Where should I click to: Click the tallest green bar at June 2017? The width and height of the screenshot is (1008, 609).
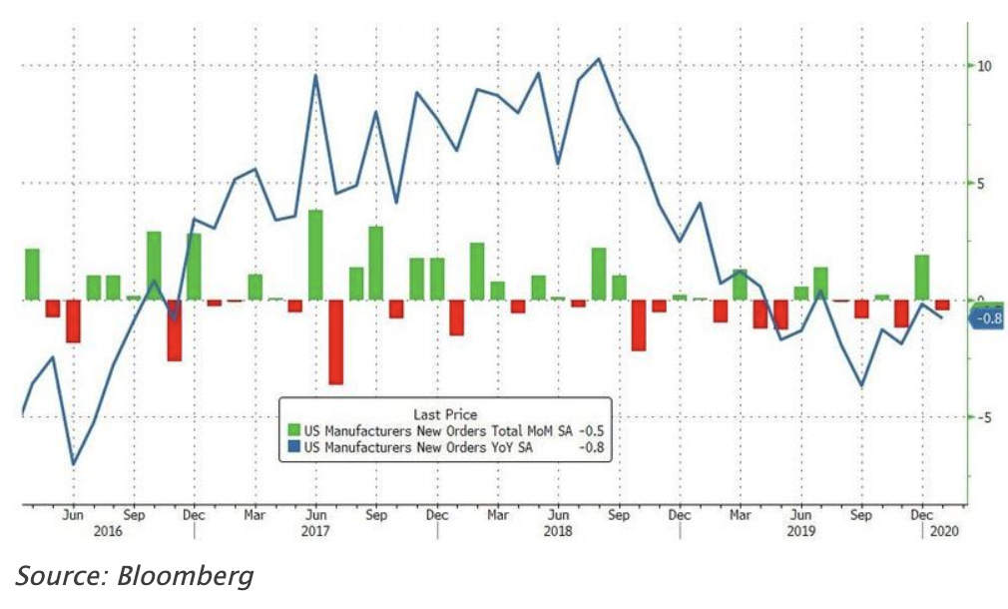pyautogui.click(x=315, y=255)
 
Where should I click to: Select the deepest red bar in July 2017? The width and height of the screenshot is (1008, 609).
pyautogui.click(x=335, y=341)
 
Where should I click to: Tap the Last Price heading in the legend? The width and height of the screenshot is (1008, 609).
pyautogui.click(x=444, y=413)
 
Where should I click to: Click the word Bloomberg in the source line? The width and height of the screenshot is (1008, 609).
pyautogui.click(x=190, y=576)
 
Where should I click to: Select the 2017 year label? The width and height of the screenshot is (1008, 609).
pyautogui.click(x=314, y=533)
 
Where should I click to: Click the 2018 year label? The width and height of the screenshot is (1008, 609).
pyautogui.click(x=559, y=533)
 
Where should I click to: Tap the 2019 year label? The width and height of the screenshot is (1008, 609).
pyautogui.click(x=800, y=533)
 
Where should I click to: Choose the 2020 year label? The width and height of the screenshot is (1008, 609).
pyautogui.click(x=943, y=533)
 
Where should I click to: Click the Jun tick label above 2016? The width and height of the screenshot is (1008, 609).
pyautogui.click(x=73, y=516)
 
